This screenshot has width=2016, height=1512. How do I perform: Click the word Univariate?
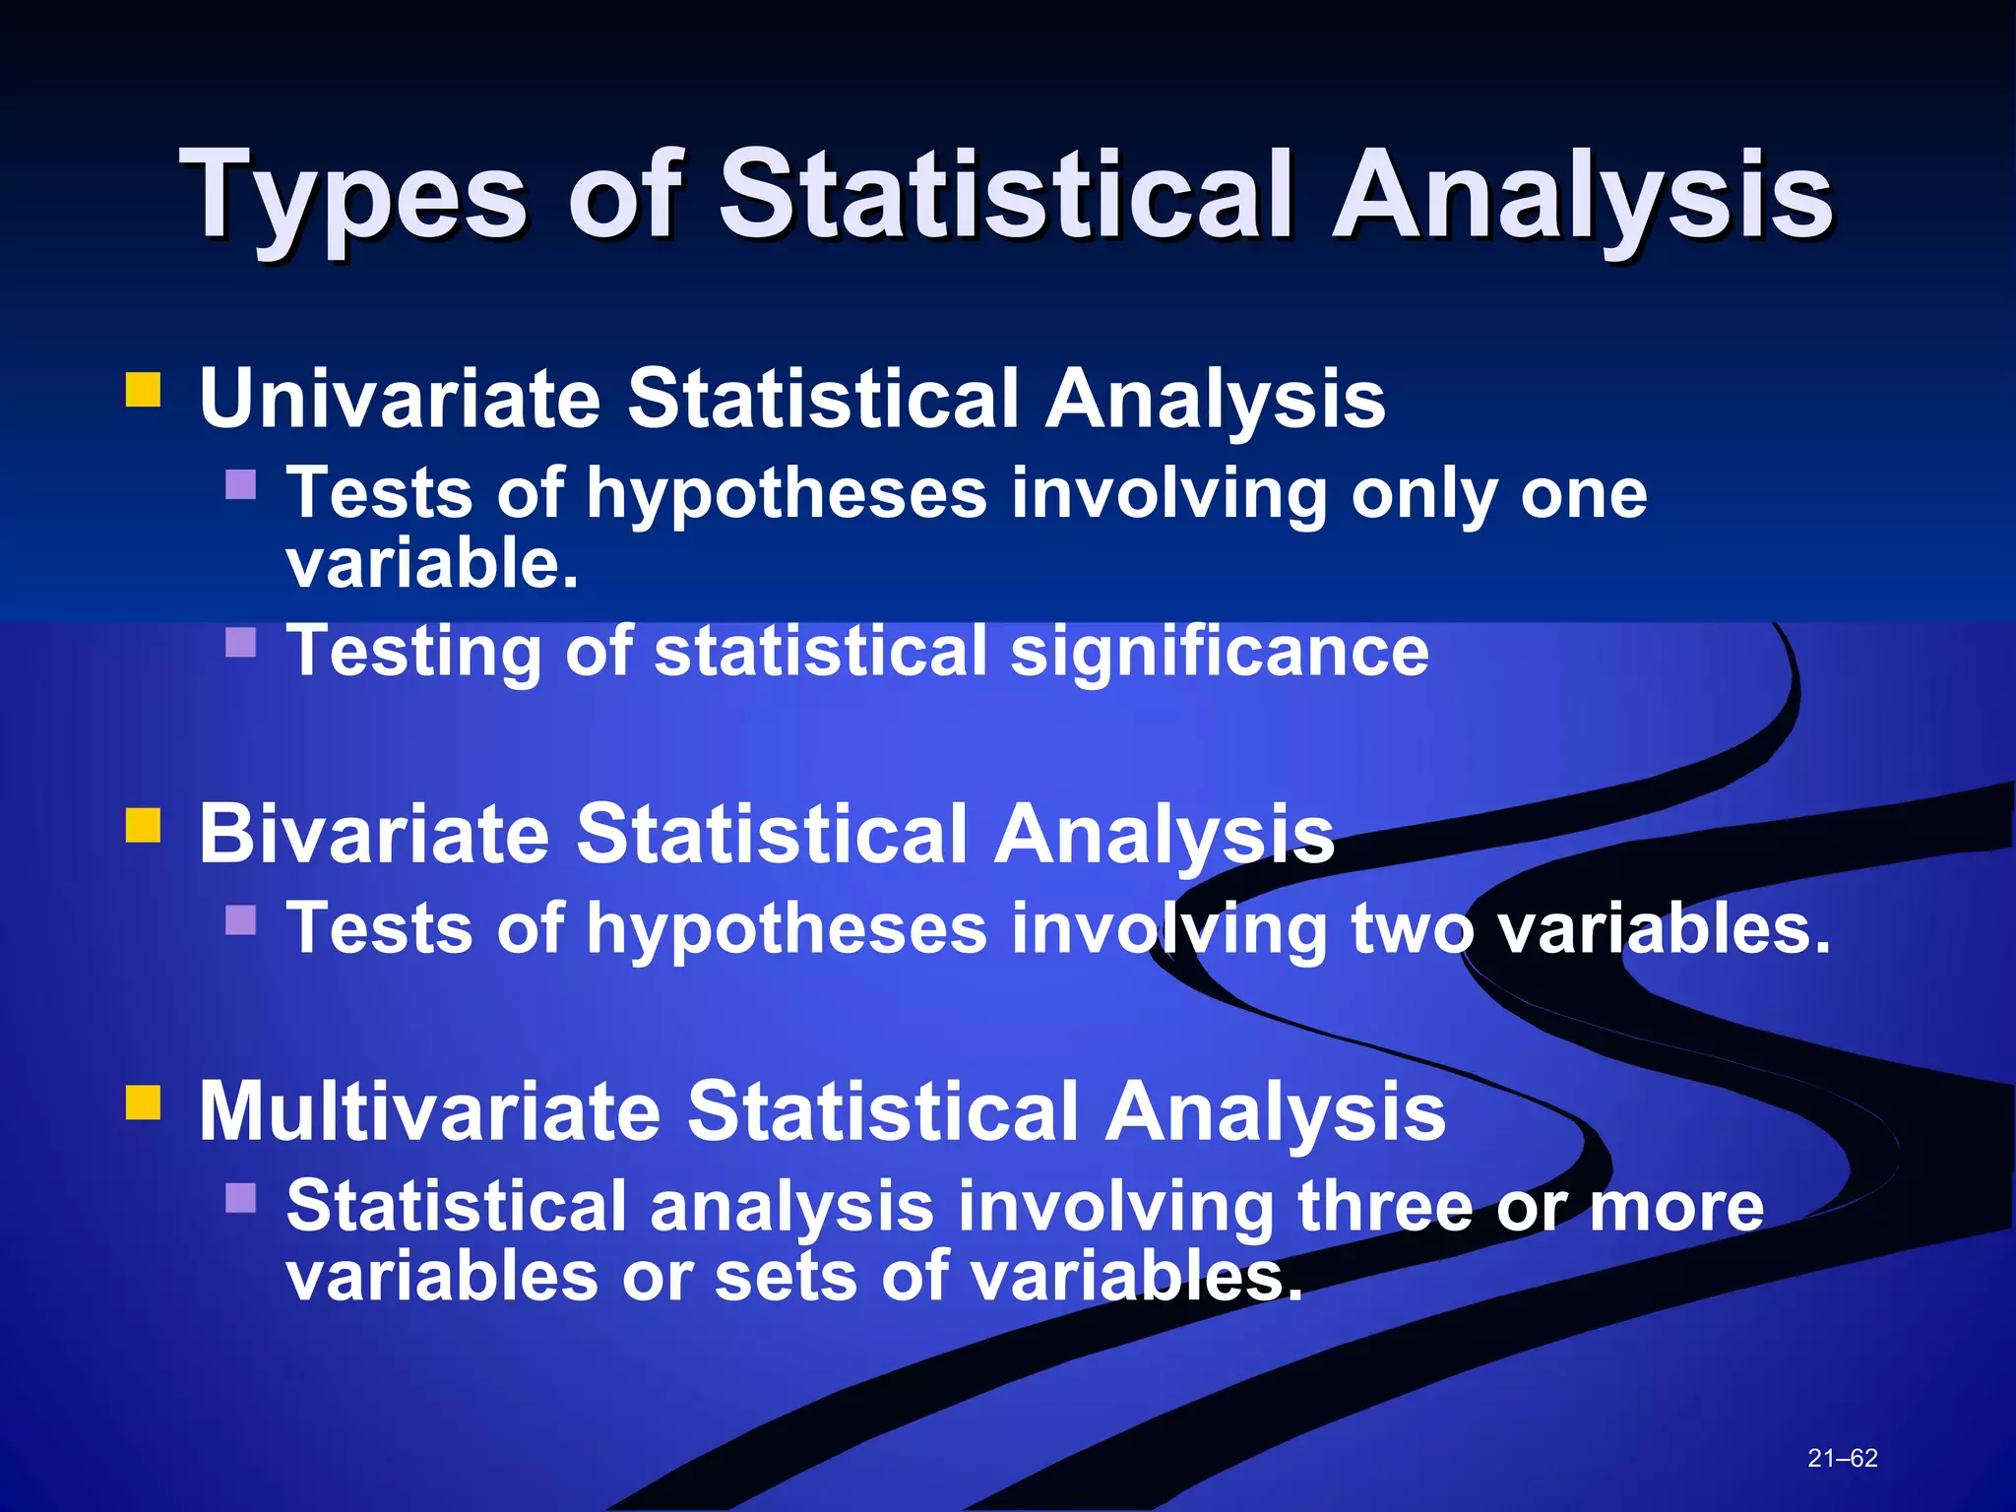pyautogui.click(x=400, y=399)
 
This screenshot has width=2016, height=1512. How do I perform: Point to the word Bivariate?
pyautogui.click(x=373, y=834)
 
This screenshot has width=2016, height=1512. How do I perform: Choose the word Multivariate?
pyautogui.click(x=429, y=1111)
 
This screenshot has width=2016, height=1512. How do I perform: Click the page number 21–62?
pyautogui.click(x=1842, y=1458)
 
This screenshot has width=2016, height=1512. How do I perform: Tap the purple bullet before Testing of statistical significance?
pyautogui.click(x=240, y=643)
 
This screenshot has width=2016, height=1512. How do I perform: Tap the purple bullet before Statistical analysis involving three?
pyautogui.click(x=240, y=1198)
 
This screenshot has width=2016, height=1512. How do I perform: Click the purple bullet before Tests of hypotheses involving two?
pyautogui.click(x=240, y=920)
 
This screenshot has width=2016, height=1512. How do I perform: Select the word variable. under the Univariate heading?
pyautogui.click(x=431, y=565)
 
